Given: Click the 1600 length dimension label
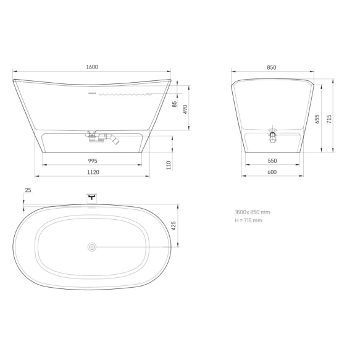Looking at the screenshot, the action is pos(92,67).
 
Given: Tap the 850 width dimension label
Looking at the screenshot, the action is pos(272,67).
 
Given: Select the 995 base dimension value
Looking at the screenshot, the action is pos(93,161).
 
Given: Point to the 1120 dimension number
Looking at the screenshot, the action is pos(93,172).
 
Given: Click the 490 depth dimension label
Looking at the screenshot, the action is pos(185,109).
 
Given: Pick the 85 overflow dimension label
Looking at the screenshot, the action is pos(175,104).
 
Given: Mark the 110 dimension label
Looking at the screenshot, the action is pos(169,165).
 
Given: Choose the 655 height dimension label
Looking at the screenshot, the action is pos(317,119).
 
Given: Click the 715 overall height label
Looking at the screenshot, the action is pos(329,119).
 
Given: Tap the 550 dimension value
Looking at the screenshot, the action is pos(272,161).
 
